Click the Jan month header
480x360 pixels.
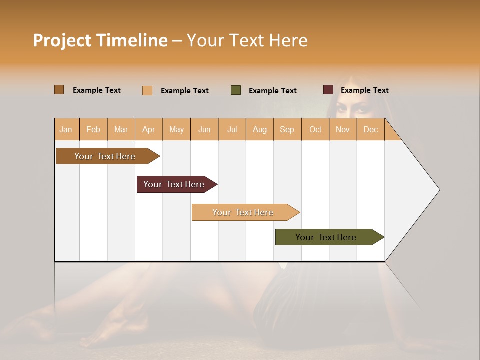click(66, 129)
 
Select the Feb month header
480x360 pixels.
click(93, 129)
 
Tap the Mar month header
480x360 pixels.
click(121, 129)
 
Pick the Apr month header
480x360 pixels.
click(149, 129)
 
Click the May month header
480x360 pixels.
click(176, 129)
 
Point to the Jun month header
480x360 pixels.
click(204, 129)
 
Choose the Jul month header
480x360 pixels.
click(232, 129)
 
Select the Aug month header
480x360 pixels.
click(260, 129)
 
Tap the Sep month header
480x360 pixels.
click(287, 129)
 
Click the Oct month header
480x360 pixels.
click(315, 129)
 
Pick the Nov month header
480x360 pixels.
click(343, 129)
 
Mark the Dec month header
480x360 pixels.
click(370, 129)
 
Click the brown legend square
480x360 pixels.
click(59, 90)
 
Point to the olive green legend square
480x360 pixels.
click(236, 90)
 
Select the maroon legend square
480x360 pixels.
click(328, 90)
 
